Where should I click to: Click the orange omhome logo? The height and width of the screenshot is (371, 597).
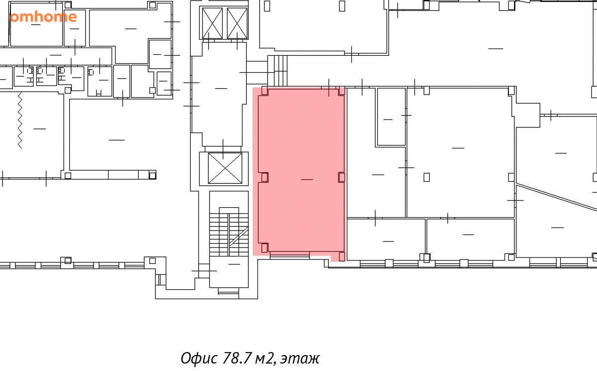click(43, 17)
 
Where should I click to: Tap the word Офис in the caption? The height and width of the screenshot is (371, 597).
click(199, 358)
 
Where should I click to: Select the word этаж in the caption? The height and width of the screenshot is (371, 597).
click(300, 359)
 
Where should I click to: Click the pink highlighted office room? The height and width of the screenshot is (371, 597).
click(301, 171)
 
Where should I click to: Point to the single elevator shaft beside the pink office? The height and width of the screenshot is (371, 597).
click(225, 168)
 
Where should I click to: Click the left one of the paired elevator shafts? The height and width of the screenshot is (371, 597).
click(212, 23)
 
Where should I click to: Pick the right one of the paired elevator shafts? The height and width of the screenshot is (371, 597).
click(237, 23)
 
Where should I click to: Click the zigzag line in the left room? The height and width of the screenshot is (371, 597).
click(20, 121)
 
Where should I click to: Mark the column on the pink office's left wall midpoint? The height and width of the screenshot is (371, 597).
click(265, 177)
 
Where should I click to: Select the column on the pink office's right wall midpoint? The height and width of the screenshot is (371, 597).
click(342, 177)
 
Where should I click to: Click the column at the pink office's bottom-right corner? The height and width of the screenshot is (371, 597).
click(342, 256)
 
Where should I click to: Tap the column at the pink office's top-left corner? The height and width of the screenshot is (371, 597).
click(265, 91)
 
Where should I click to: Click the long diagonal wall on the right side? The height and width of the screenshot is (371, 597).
click(557, 197)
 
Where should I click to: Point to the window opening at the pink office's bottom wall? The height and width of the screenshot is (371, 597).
click(290, 255)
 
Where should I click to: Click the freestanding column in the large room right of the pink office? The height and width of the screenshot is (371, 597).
click(426, 177)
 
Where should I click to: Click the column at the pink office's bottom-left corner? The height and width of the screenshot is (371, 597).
click(265, 248)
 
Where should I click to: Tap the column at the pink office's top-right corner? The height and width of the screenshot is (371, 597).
click(342, 91)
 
